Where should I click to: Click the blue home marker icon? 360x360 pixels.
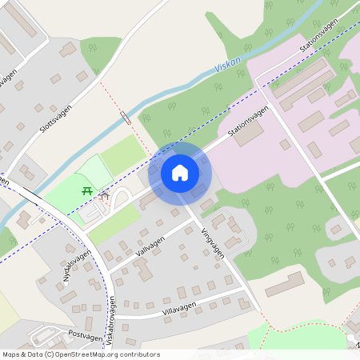[180, 173]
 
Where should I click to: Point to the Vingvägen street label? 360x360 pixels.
[213, 240]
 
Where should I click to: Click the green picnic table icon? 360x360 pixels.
[86, 190]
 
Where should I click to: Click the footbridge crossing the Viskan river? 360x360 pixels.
[125, 118]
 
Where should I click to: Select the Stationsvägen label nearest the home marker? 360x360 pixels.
[247, 124]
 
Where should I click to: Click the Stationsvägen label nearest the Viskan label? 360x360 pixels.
[318, 38]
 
